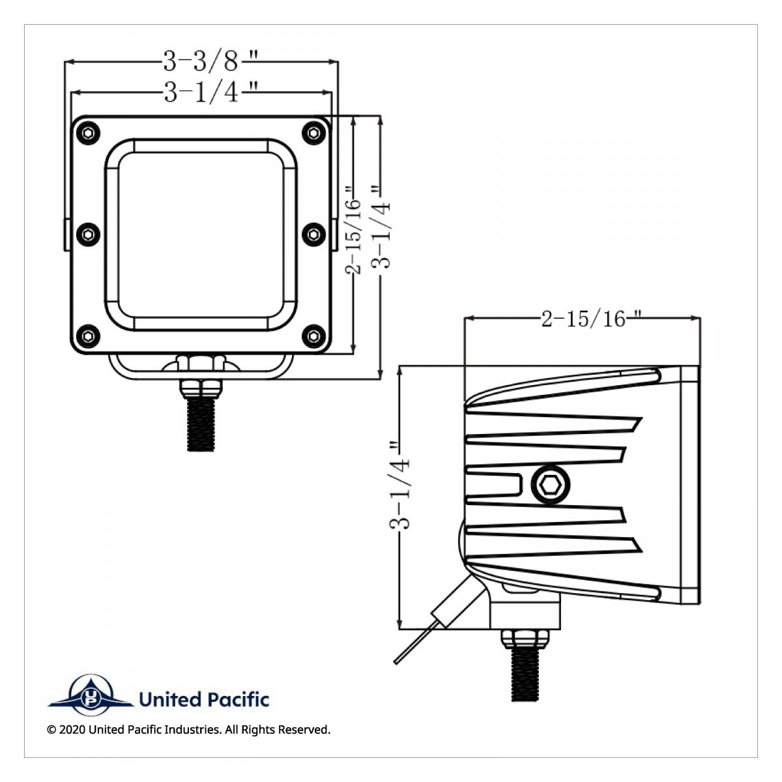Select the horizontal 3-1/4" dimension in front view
point(202,93)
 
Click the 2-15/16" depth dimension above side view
point(583,319)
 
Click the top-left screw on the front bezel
point(88,134)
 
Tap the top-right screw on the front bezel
point(313,134)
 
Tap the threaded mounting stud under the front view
point(201,424)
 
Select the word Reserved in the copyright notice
point(303,729)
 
